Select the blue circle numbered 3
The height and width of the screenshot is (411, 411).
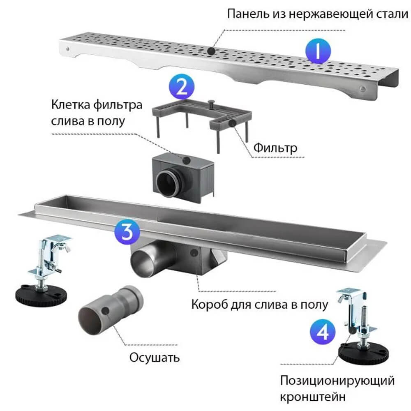tap(127, 233)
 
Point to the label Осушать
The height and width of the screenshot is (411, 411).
tap(155, 357)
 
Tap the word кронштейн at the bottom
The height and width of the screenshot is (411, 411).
tap(313, 397)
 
